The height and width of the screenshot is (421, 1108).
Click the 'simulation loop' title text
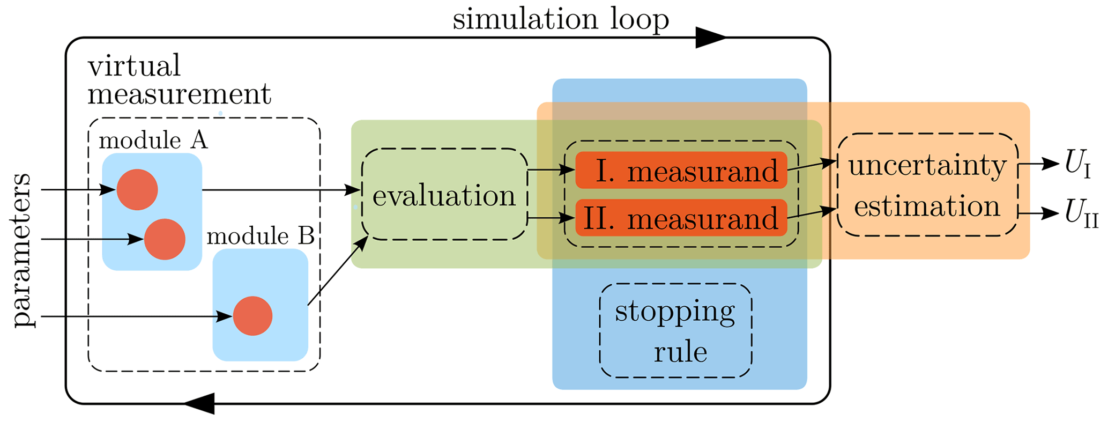561,20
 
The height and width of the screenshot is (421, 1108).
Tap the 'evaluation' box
444,195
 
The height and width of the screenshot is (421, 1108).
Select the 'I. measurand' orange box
681,171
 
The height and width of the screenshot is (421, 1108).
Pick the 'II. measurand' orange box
681,218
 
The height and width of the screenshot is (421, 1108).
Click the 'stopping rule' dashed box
675,331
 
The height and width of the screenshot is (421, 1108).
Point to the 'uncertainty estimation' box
927,185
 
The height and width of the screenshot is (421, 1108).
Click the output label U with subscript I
1077,164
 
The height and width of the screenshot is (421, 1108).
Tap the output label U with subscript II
1081,213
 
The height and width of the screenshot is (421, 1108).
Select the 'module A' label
153,141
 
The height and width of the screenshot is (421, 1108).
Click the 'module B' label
260,236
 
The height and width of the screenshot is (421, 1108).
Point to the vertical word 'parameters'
23,249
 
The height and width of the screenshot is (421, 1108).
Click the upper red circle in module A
137,189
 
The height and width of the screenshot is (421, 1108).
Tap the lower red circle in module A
165,239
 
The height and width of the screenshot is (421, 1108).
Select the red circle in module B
252,316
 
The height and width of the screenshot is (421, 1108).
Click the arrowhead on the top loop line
710,38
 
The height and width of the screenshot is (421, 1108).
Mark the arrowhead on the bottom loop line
200,403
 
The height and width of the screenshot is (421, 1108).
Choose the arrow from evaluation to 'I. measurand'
551,171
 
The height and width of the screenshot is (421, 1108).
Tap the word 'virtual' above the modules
134,67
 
